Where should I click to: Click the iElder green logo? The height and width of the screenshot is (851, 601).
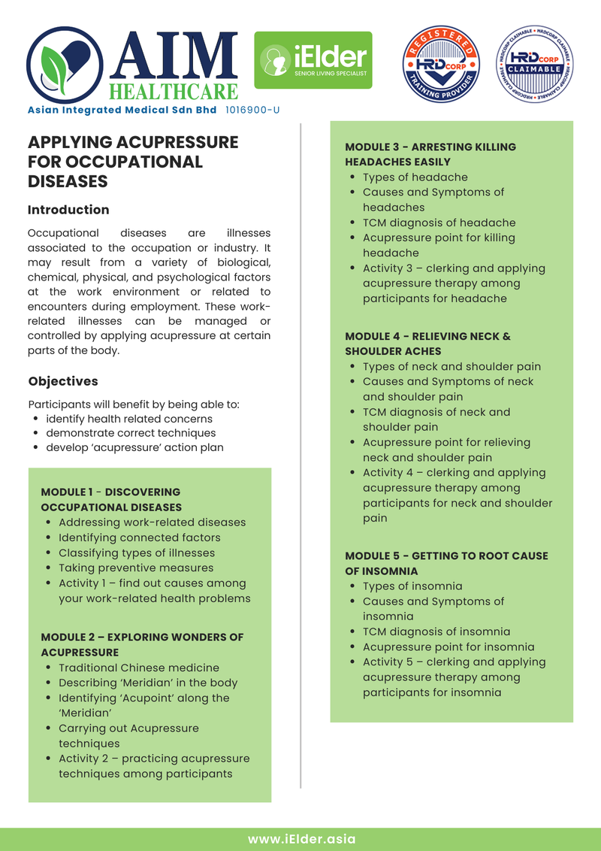tap(313, 60)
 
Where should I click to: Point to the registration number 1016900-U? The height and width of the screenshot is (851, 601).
tap(252, 110)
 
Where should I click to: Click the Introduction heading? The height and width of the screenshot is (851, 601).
tap(68, 210)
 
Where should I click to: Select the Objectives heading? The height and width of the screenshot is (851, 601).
tap(63, 381)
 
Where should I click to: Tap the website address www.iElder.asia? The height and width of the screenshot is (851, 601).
tap(300, 839)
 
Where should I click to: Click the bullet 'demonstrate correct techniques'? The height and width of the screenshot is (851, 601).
tap(131, 433)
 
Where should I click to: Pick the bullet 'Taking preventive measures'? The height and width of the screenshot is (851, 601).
tap(136, 568)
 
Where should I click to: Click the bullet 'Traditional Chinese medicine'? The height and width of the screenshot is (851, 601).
tap(139, 668)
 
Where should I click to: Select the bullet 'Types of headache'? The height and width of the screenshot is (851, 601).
tap(415, 177)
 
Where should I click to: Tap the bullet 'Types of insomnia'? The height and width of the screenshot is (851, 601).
tap(412, 586)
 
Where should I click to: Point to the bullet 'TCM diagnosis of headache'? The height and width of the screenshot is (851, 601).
tap(439, 223)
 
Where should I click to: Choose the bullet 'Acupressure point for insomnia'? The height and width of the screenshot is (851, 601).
tap(448, 647)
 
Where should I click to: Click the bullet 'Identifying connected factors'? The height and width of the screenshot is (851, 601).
tap(139, 538)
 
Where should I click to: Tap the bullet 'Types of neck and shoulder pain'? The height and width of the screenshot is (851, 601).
tap(452, 367)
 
